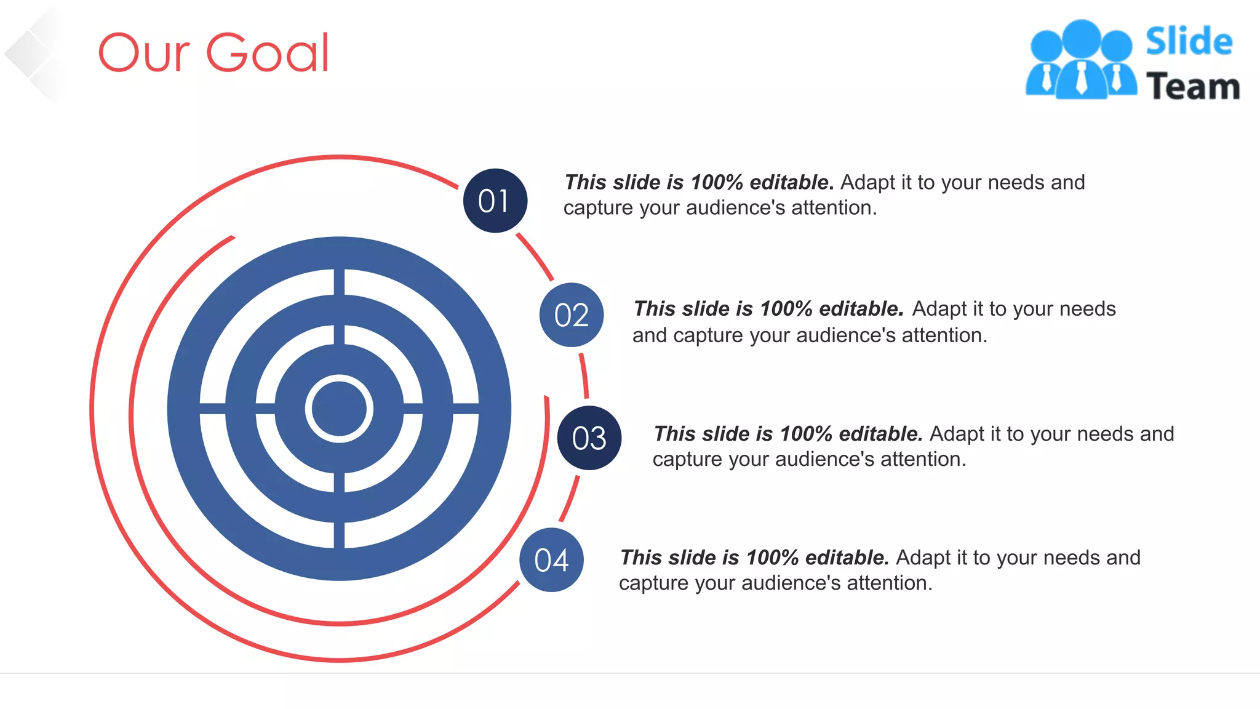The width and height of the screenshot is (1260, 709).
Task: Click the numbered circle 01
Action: pos(495,201)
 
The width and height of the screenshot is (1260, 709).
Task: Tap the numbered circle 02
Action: pos(571,314)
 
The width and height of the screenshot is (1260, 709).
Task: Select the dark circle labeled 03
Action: pos(589,438)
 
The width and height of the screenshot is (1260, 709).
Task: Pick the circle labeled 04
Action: pos(551,560)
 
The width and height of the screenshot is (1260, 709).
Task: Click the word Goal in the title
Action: pos(268,54)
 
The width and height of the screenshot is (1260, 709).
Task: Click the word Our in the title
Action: pos(144,54)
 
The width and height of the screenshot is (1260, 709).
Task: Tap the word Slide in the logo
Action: pos(1189,42)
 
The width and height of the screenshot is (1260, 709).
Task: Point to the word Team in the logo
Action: pos(1192,86)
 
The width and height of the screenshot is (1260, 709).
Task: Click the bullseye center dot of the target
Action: pos(339,409)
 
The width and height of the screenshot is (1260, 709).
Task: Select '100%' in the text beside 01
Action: pos(717,182)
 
